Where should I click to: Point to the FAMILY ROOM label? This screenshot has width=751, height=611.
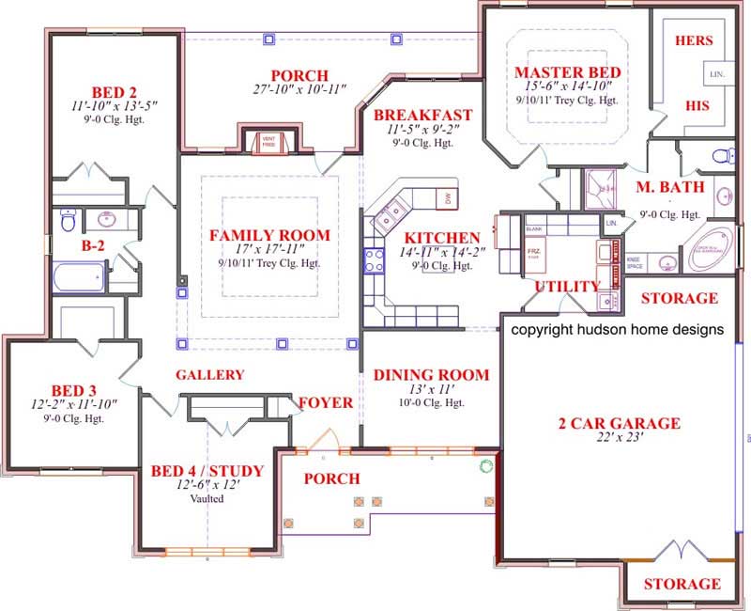point(269,235)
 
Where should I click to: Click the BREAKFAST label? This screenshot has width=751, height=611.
point(423,116)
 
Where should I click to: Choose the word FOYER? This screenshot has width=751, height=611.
point(326,403)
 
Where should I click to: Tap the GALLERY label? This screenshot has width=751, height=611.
point(210,374)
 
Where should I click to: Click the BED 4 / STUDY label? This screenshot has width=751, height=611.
point(207,471)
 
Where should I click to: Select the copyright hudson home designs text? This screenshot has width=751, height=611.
point(617,330)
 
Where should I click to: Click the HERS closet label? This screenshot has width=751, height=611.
point(699,40)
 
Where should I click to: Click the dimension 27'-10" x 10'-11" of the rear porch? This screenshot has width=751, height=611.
point(299,91)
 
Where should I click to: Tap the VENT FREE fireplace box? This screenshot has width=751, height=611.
point(268,142)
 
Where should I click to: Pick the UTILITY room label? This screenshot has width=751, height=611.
point(567,286)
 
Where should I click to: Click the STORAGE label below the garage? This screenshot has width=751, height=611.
point(682,584)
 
